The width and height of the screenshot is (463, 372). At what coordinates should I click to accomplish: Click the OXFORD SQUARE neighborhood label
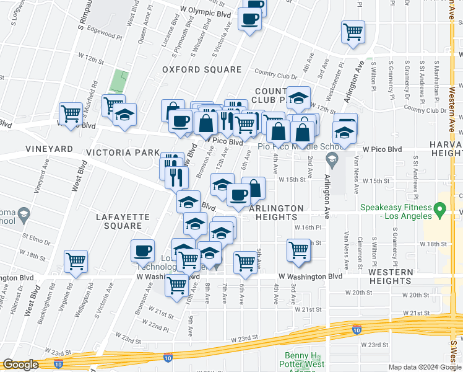click(x=202, y=69)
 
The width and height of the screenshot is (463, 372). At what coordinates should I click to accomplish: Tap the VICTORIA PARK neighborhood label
click(x=122, y=152)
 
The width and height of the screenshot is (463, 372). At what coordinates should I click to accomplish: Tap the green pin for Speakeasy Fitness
click(x=440, y=211)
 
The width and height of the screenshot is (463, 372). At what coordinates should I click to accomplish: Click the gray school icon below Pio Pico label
click(x=331, y=161)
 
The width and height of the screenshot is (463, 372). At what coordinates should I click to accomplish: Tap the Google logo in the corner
click(x=20, y=365)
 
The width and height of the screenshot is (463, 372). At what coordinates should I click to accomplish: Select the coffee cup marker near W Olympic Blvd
click(x=250, y=20)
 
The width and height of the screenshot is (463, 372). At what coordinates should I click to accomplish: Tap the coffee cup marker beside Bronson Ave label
click(x=142, y=251)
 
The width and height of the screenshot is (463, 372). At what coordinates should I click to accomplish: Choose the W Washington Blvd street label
click(x=310, y=276)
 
